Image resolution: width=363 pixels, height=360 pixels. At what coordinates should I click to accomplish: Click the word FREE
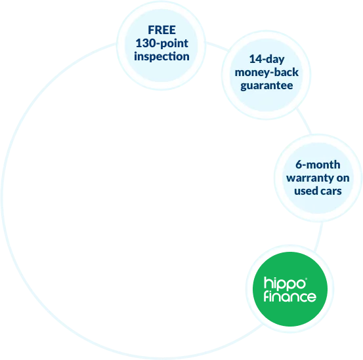[162, 30]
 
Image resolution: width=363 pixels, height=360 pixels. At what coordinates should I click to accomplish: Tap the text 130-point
[162, 44]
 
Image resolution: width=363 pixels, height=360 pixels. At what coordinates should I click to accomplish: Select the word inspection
[161, 57]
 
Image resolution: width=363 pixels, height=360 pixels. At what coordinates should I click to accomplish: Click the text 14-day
[267, 60]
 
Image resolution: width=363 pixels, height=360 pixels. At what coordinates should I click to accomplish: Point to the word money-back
[267, 73]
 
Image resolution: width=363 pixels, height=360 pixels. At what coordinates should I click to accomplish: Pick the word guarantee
[267, 86]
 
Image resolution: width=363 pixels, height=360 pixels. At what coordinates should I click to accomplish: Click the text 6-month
[318, 165]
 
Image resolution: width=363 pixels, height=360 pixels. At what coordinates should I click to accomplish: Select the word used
[305, 191]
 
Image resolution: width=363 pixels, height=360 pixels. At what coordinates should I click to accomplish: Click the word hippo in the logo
[284, 283]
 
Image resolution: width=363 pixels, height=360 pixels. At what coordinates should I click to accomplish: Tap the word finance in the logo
[289, 296]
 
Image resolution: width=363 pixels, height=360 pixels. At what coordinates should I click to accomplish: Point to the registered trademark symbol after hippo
[307, 279]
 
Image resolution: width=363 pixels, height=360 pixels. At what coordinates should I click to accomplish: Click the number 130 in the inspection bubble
[145, 43]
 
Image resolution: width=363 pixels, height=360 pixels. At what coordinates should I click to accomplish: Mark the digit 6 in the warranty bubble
[299, 165]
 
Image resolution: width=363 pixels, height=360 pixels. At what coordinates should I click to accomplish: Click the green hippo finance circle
[290, 289]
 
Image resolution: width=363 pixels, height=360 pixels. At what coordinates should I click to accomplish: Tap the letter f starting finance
[267, 296]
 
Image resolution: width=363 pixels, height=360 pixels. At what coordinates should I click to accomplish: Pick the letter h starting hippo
[268, 283]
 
